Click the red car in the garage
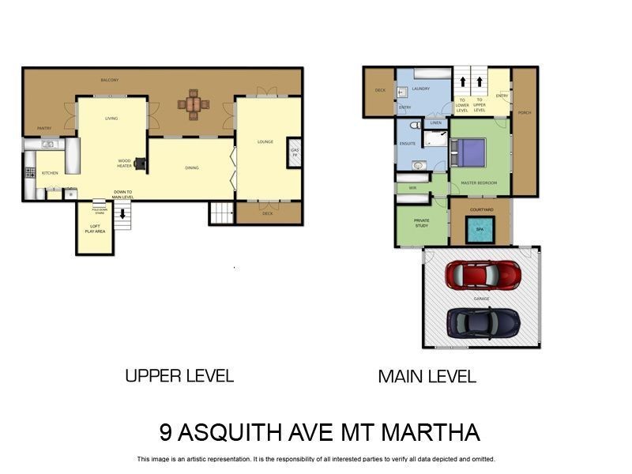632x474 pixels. coord(483,275)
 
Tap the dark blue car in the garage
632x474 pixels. coord(483,322)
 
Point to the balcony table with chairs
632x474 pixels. coord(193,104)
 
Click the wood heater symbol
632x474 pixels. coord(140,164)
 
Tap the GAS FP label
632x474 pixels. coord(295,152)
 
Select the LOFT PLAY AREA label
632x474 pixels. coord(93,230)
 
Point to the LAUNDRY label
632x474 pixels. coord(421,88)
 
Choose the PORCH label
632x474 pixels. coord(525,113)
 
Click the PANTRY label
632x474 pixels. coord(44,128)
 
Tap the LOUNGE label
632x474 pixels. coord(265,142)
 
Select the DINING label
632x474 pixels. coord(192,167)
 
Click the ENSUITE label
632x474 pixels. coord(408,144)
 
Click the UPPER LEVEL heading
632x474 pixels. coord(179,376)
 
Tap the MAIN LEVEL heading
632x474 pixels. coord(427,377)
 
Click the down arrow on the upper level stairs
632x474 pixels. coord(122,213)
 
